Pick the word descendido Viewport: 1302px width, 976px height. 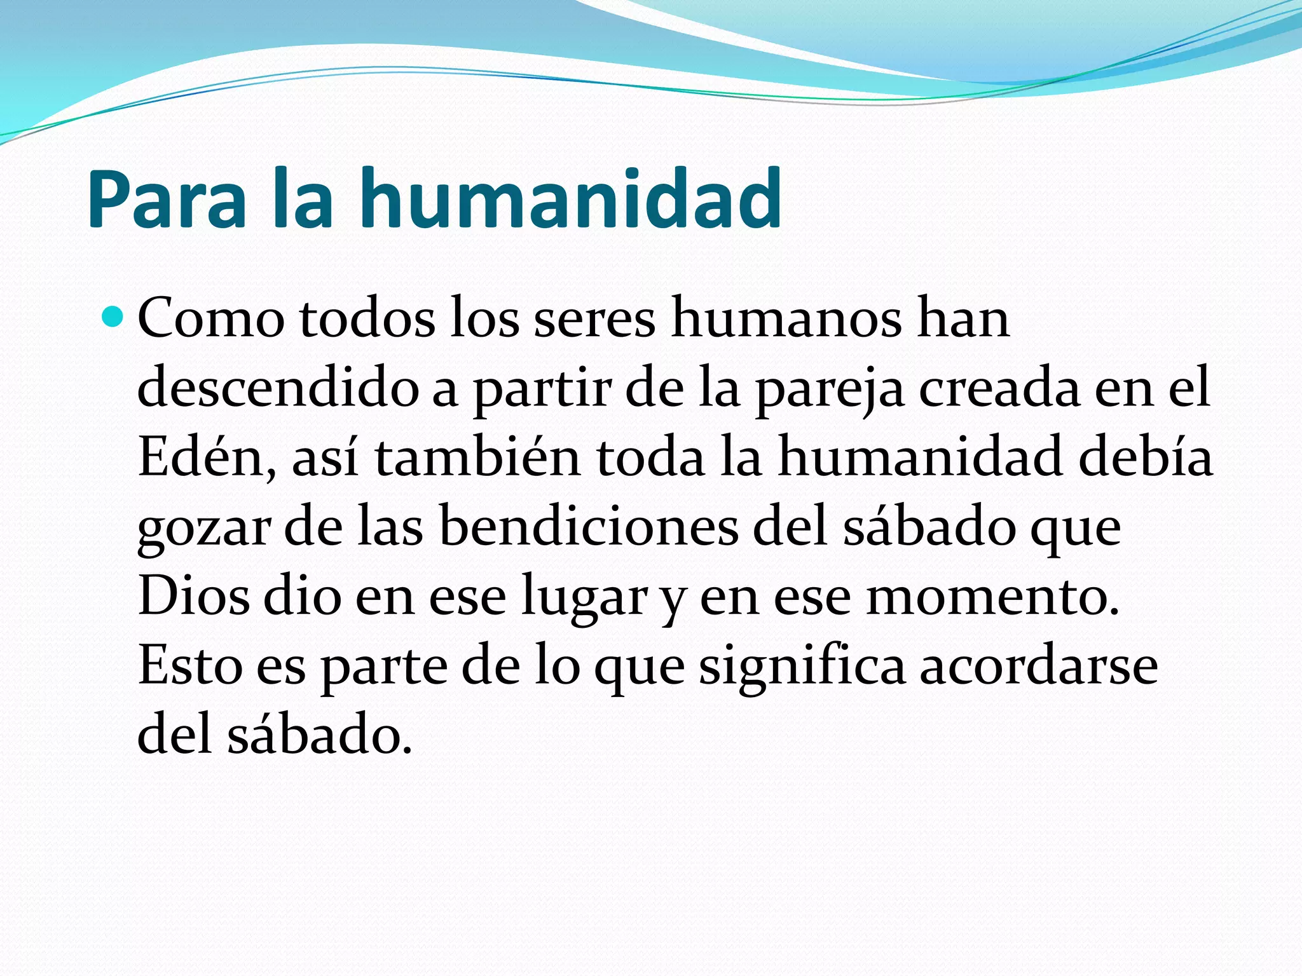[278, 387]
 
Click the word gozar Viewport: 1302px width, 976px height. [203, 527]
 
